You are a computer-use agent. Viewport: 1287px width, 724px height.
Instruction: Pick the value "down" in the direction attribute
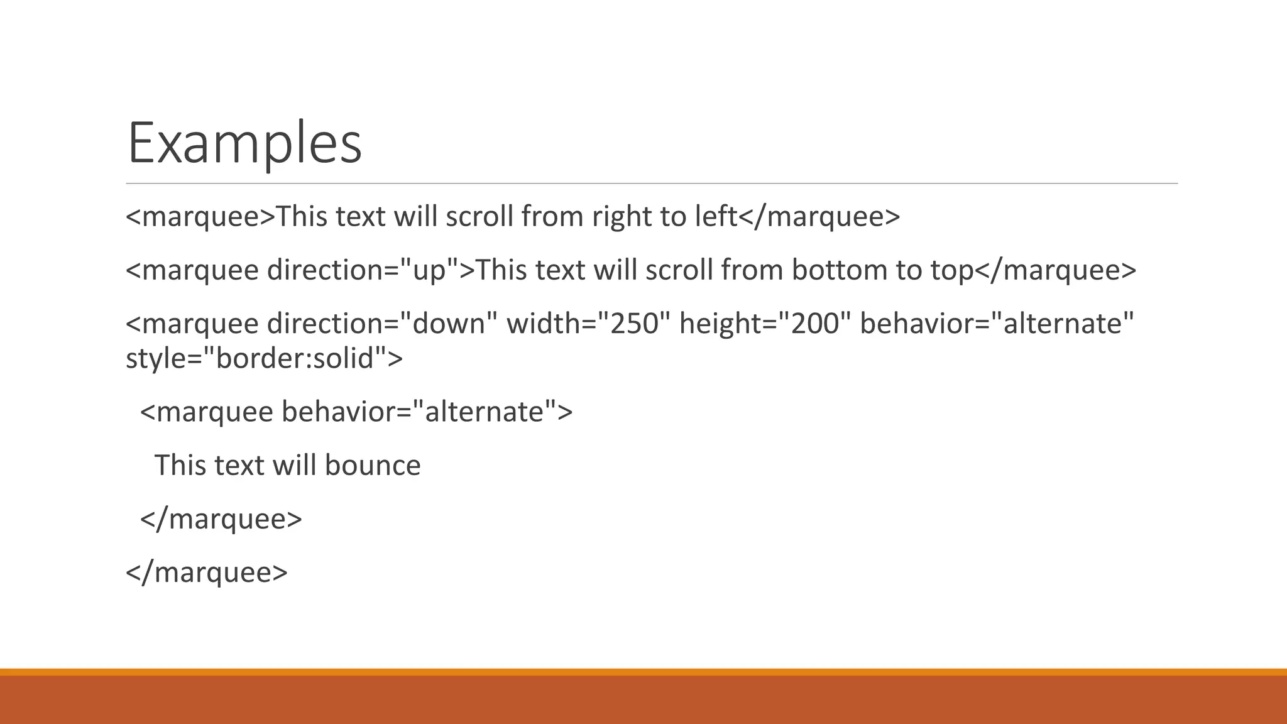(x=449, y=324)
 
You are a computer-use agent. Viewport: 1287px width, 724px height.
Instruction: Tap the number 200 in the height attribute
(x=814, y=324)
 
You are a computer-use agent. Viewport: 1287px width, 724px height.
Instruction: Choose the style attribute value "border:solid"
(x=295, y=358)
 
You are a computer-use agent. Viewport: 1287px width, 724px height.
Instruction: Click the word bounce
(x=373, y=466)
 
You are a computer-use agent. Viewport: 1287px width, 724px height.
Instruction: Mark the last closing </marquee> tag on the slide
(x=207, y=573)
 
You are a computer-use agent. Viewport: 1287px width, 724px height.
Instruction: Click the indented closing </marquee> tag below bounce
(x=221, y=519)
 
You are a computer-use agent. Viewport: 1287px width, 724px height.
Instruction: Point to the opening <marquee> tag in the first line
(x=200, y=217)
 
